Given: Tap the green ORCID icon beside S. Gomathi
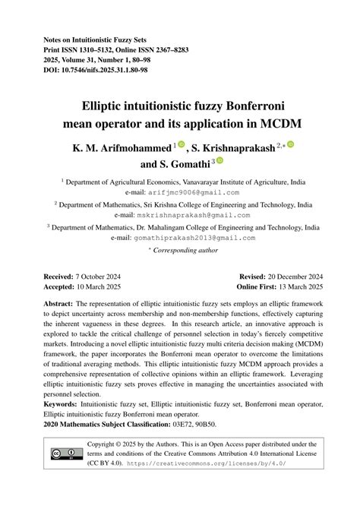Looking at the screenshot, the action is click(x=220, y=161).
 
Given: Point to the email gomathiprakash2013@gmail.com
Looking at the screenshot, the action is click(x=194, y=238).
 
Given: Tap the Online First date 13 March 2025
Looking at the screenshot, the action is click(x=299, y=287).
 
